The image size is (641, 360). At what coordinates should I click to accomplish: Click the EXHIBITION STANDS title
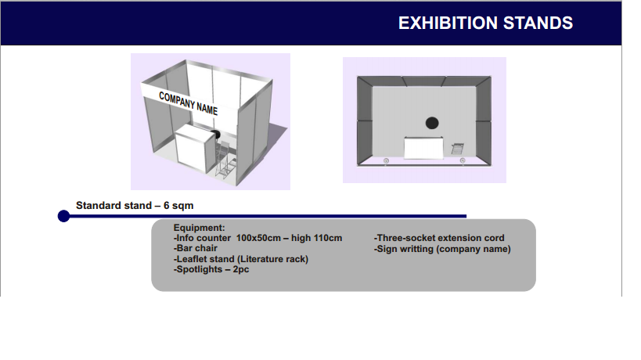[x=485, y=23]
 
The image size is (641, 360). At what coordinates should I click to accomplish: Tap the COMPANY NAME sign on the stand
[x=188, y=103]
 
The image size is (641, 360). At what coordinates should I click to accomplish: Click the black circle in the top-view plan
[x=432, y=123]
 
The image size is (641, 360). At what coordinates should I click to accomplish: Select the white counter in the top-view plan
[x=423, y=148]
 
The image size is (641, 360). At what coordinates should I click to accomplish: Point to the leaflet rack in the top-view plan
[x=457, y=149]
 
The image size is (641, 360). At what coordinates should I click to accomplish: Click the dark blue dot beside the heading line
[x=63, y=216]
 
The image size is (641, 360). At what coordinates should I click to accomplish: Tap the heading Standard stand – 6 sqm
[x=135, y=206]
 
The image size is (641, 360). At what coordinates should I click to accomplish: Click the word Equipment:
[x=199, y=228]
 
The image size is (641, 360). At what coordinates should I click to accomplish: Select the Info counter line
[x=257, y=238]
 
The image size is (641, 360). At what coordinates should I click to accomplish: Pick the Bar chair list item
[x=196, y=248]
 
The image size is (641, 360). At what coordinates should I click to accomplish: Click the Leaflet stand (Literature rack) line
[x=241, y=259]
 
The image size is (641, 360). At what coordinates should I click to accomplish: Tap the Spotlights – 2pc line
[x=211, y=269]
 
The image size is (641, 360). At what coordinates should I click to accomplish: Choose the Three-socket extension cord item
[x=439, y=238]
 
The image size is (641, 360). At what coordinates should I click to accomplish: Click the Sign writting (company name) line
[x=442, y=249]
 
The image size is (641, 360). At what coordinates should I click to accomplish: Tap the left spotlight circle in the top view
[x=386, y=161]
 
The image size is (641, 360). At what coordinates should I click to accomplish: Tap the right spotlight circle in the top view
[x=463, y=160]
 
